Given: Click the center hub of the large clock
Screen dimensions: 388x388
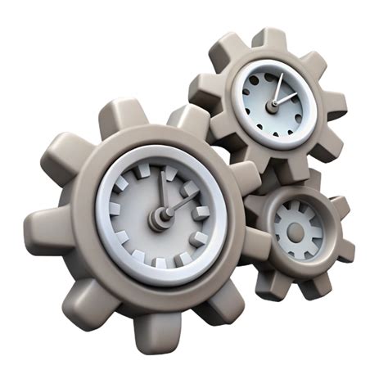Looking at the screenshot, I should pyautogui.click(x=158, y=217).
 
